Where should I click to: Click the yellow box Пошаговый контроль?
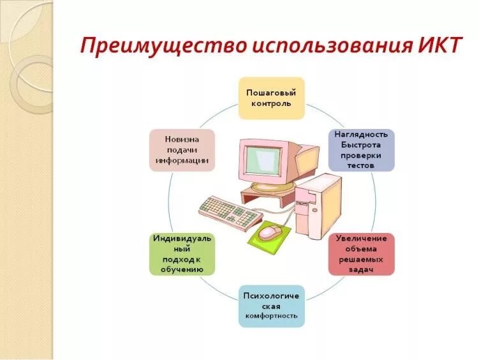point(272,98)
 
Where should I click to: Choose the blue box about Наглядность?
point(362,149)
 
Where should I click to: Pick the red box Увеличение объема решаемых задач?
point(362,253)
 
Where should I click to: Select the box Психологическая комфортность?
point(272,306)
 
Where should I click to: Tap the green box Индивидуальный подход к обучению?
point(182,253)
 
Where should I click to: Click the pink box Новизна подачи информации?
point(182,149)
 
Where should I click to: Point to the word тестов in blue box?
point(362,165)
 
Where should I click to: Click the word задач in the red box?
point(362,269)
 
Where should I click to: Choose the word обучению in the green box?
point(182,269)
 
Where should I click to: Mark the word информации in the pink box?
point(182,160)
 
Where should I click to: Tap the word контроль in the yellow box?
point(272,103)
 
